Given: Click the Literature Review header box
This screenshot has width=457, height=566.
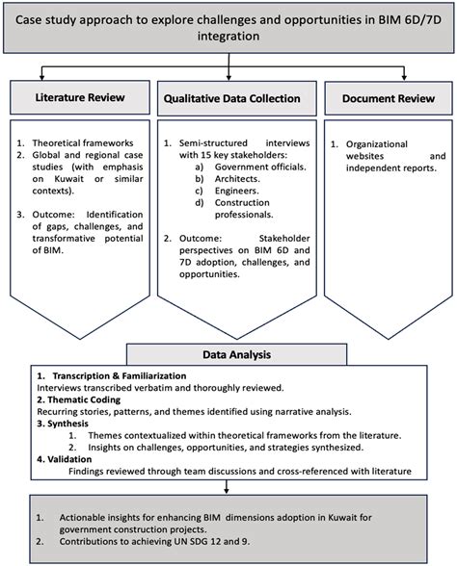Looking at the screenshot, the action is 80,97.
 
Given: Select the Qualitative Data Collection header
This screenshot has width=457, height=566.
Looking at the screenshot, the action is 237,98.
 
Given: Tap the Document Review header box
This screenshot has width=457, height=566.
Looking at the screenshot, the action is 389,98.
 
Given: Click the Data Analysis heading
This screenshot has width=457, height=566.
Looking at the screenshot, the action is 236,354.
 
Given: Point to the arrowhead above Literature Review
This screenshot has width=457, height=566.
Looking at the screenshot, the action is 42,77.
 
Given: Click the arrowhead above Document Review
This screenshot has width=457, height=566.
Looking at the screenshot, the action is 404,77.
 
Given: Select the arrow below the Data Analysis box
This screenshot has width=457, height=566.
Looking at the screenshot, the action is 227,487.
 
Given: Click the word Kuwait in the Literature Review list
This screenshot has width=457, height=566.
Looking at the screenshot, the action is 69,179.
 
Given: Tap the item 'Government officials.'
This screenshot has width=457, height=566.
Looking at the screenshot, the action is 260,167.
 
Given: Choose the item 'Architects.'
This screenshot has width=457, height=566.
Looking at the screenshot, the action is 237,179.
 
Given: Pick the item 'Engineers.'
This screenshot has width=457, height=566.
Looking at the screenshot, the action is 237,191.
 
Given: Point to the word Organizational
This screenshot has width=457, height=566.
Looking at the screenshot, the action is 377,144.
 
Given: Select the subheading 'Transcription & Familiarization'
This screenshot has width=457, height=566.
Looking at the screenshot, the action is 120,375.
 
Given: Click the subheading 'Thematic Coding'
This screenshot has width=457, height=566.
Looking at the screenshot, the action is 84,399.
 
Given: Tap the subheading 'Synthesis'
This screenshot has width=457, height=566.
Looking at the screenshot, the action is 67,424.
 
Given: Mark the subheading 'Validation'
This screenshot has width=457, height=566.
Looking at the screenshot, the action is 69,459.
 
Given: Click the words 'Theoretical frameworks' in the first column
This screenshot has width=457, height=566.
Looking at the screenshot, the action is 83,142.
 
